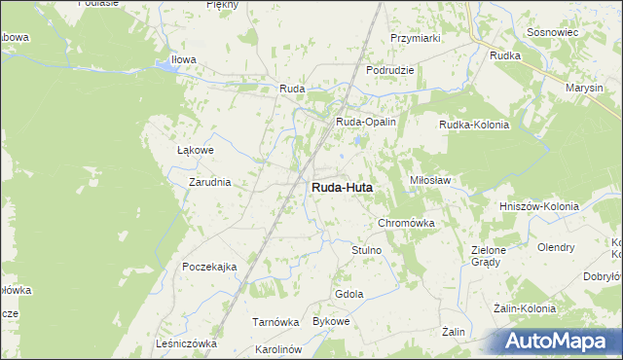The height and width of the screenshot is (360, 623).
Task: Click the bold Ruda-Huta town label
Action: (x=341, y=187)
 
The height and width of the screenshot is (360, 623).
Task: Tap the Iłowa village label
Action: (x=184, y=59)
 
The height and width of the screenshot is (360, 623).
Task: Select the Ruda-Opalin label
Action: (x=365, y=122)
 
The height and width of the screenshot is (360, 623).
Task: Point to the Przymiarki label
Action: (x=416, y=38)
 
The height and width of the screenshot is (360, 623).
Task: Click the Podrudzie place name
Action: (x=390, y=70)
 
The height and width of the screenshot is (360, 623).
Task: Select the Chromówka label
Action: (x=405, y=223)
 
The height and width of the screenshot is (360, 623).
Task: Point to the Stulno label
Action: (x=366, y=250)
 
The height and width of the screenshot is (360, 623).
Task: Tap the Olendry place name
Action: (x=556, y=247)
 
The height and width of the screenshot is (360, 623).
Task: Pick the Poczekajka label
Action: (x=209, y=267)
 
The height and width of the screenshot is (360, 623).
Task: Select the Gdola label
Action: (x=348, y=294)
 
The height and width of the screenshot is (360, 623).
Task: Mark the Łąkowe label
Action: (x=195, y=151)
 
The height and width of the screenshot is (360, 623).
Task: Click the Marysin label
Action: (x=585, y=88)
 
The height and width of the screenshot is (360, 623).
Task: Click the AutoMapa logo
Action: (x=561, y=342)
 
